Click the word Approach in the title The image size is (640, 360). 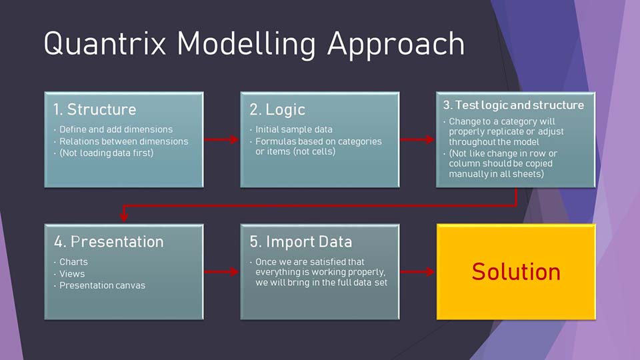point(395,45)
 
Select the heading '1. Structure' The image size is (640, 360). point(95,109)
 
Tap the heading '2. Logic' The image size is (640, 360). point(277,109)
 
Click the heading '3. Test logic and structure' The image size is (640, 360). point(513,105)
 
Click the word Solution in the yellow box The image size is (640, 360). point(516,271)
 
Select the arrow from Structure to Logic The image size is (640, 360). point(221,139)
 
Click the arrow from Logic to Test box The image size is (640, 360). point(417,139)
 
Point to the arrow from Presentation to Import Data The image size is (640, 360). point(221,271)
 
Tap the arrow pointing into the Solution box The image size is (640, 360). point(417,271)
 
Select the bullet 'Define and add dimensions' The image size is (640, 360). point(116,129)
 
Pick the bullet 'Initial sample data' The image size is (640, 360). point(294,129)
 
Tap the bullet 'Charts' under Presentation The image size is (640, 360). point(73,262)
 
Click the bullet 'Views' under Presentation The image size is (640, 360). point(72,274)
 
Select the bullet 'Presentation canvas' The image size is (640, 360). point(102,285)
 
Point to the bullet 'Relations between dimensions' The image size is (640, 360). point(124,141)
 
